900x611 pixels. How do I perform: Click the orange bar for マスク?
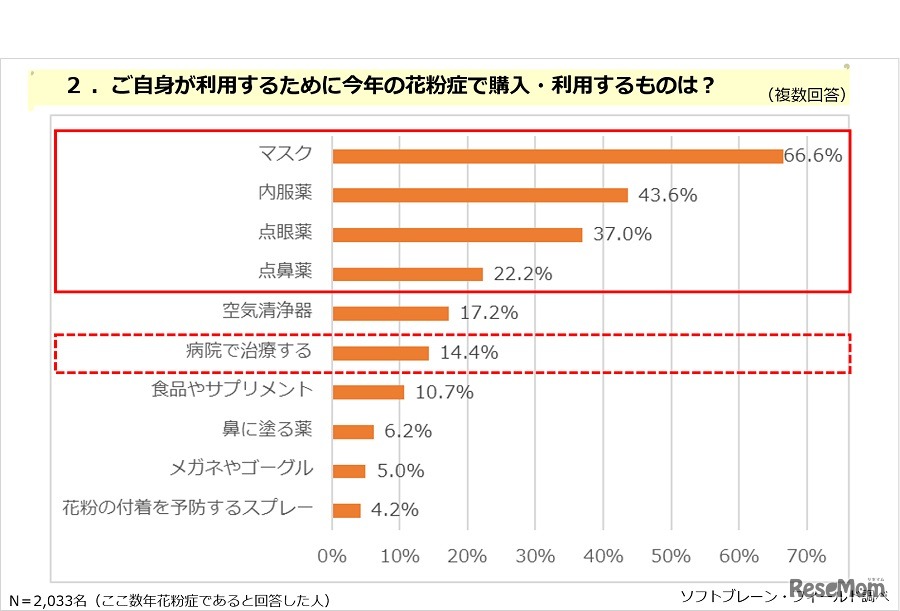(x=557, y=156)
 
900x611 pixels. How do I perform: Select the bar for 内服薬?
(x=480, y=195)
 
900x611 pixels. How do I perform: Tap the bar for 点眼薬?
(x=457, y=235)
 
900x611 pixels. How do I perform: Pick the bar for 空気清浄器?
(x=390, y=313)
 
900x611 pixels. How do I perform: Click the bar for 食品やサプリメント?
(x=368, y=392)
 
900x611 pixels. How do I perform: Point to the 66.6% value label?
(x=813, y=156)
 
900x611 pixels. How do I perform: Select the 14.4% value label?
(x=467, y=352)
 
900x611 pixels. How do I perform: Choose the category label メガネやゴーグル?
(x=256, y=469)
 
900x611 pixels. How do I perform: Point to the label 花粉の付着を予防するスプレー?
(x=188, y=508)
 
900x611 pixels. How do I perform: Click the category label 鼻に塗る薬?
(x=267, y=430)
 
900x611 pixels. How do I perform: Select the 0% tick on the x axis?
(x=331, y=556)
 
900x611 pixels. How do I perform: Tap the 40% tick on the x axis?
(x=603, y=556)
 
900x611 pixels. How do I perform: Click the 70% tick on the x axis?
(x=806, y=556)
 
